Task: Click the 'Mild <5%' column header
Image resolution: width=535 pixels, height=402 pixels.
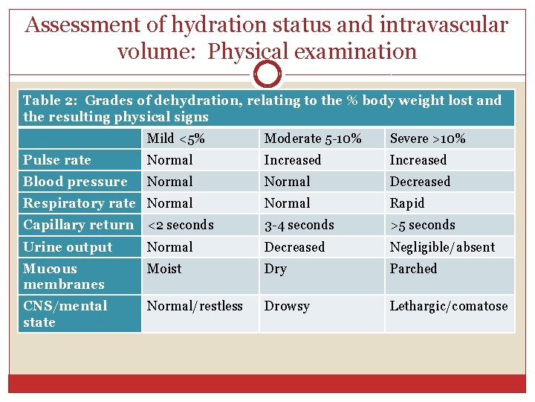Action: click(x=176, y=138)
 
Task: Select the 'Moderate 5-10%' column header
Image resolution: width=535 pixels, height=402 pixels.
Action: click(x=313, y=138)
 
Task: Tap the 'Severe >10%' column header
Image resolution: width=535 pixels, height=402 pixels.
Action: click(x=428, y=138)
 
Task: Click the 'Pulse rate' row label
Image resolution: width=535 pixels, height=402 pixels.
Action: click(x=57, y=160)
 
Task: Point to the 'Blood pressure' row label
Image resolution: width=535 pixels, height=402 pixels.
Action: click(x=75, y=182)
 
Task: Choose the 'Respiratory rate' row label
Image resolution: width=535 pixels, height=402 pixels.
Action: click(x=79, y=203)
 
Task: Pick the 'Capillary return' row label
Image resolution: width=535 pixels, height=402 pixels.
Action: click(x=78, y=225)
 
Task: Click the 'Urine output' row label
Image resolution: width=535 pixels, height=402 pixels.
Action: click(x=68, y=247)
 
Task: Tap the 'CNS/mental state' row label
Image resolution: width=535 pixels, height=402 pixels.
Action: click(x=65, y=313)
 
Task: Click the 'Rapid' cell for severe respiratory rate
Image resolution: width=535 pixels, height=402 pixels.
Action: click(x=407, y=203)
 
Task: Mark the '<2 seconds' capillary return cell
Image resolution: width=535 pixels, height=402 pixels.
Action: click(x=180, y=225)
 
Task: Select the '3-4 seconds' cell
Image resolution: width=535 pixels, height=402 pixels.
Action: click(x=299, y=225)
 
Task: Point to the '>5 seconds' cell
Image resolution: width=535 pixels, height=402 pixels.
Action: click(x=422, y=225)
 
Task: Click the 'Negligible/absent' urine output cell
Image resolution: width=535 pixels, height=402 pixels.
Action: click(x=442, y=247)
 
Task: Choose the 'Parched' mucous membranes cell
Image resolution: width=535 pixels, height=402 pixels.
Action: click(x=413, y=269)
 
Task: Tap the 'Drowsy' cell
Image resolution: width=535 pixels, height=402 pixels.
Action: click(x=287, y=306)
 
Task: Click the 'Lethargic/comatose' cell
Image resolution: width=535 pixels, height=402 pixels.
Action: click(x=449, y=306)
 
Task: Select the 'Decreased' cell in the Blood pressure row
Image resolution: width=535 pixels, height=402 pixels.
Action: click(x=420, y=182)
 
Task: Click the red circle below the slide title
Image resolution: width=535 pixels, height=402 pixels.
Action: click(x=267, y=74)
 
